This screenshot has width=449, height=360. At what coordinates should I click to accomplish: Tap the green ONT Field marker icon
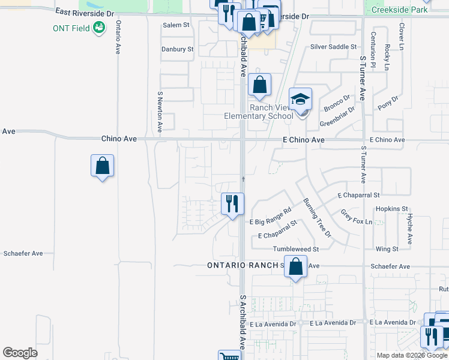pos(99,28)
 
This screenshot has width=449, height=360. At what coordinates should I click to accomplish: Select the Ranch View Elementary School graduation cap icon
pos(301,99)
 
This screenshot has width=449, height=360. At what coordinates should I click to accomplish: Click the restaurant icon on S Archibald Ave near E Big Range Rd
pos(232,204)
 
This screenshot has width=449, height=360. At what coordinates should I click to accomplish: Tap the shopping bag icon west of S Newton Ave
pos(103,166)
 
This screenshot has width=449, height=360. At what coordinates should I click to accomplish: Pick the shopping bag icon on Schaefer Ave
pos(295,267)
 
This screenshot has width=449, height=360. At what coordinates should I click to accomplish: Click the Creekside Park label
pos(400,10)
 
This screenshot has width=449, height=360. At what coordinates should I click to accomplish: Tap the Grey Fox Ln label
pos(357,217)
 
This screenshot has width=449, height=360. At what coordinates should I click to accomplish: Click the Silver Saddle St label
pos(333,47)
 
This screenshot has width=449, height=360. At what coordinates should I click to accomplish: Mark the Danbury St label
pos(177,49)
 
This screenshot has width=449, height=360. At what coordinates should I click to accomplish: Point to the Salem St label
pos(176,25)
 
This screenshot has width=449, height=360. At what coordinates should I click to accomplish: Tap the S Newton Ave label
pos(160,112)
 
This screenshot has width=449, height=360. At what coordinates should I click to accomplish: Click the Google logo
pos(20,352)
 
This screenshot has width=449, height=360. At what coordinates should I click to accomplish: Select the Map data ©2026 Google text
pos(412,355)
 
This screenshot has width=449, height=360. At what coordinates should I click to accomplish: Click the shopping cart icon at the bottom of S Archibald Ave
pos(229,356)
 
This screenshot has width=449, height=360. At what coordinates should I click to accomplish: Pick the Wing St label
pos(387,249)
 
